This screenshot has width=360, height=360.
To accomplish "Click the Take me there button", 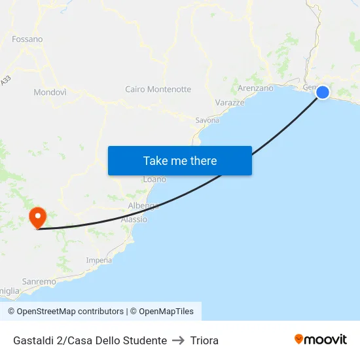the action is [180, 160].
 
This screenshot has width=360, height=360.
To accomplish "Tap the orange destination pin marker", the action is [37, 217].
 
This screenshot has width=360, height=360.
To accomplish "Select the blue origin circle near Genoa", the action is [323, 92].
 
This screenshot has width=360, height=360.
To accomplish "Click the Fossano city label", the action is [27, 39].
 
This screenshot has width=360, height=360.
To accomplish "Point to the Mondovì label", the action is [50, 92].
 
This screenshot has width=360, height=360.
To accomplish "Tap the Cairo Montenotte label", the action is [158, 89].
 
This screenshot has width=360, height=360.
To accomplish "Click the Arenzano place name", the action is [256, 88].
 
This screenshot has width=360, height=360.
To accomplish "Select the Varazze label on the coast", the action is [230, 103].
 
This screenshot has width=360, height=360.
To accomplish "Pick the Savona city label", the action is [207, 120].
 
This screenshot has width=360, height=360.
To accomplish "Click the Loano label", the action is [154, 179].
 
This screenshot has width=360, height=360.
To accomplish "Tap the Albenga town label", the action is [144, 206].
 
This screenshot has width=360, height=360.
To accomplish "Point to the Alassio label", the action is [134, 219].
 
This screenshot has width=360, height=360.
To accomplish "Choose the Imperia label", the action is [99, 261].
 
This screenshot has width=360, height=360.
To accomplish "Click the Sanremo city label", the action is [39, 281].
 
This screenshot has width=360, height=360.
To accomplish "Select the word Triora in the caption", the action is [204, 340].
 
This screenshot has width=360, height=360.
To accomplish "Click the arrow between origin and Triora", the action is [179, 340].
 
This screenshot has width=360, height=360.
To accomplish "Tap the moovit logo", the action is [321, 340].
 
